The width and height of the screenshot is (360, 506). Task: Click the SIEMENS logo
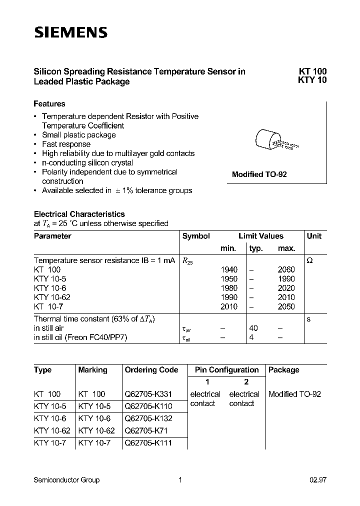click(70, 33)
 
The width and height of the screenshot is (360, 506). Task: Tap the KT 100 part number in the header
click(312, 71)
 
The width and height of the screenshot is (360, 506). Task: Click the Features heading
click(49, 104)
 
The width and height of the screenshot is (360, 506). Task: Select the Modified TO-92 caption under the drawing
click(259, 175)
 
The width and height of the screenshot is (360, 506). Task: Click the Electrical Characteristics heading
click(79, 214)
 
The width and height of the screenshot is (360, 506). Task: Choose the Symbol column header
click(196, 236)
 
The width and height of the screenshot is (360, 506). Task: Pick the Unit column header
click(314, 236)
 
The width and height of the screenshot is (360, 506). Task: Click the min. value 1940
click(229, 269)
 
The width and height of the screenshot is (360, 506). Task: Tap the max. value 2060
click(286, 269)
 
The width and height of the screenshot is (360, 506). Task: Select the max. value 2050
click(286, 306)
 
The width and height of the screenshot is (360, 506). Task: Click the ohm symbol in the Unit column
click(309, 260)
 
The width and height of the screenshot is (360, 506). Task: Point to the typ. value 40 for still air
click(253, 328)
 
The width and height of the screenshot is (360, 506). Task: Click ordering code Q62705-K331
click(148, 394)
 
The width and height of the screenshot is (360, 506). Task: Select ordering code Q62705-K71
click(146, 430)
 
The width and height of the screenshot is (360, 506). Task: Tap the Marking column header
click(92, 370)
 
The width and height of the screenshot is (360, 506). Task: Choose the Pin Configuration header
click(226, 370)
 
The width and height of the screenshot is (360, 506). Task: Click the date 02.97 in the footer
click(318, 480)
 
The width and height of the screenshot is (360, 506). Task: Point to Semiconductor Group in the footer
click(66, 480)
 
